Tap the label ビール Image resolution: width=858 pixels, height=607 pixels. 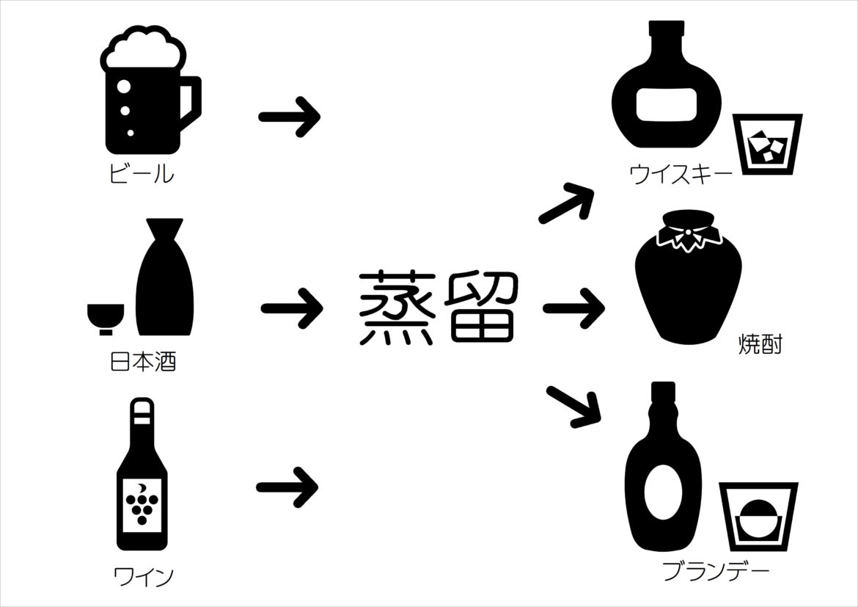coord(142,174)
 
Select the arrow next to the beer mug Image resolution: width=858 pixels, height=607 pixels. coord(290,117)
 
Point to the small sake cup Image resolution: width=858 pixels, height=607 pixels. coord(106,318)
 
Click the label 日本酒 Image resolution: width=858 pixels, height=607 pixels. coord(143,362)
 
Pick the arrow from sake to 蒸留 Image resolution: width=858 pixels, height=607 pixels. coord(291,308)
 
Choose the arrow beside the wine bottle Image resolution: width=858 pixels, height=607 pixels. coord(287,486)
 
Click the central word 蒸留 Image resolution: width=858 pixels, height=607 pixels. coord(437,308)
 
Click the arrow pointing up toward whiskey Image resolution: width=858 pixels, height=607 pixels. coord(566,203)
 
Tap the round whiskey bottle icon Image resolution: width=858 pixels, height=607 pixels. coord(664,92)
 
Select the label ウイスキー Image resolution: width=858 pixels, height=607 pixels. coord(681,174)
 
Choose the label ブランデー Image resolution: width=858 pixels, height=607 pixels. coord(716,571)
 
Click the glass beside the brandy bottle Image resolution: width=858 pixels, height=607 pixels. coord(758,517)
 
